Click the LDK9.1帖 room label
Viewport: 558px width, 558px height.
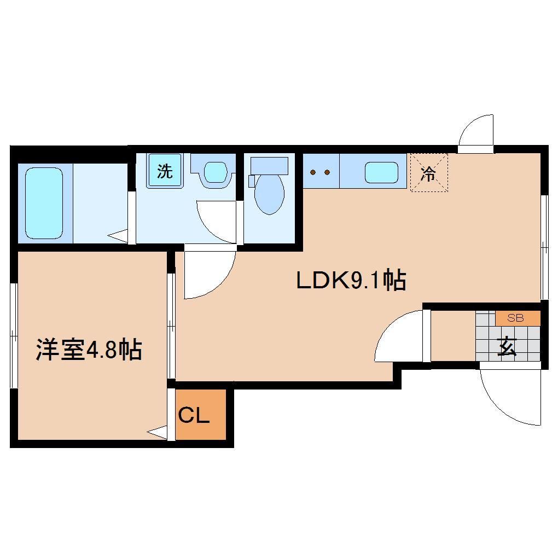pyautogui.click(x=350, y=281)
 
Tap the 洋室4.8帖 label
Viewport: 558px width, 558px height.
pyautogui.click(x=89, y=350)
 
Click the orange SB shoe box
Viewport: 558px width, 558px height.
pyautogui.click(x=518, y=318)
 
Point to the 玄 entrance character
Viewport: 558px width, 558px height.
pyautogui.click(x=507, y=346)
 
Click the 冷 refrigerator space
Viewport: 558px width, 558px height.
pyautogui.click(x=429, y=173)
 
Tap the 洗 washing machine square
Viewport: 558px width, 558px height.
pyautogui.click(x=165, y=171)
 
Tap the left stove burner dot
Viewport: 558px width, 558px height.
pyautogui.click(x=313, y=173)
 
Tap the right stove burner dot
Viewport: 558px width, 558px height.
pyautogui.click(x=327, y=173)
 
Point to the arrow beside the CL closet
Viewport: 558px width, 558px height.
pyautogui.click(x=158, y=432)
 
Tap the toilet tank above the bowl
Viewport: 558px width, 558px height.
pyautogui.click(x=269, y=165)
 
